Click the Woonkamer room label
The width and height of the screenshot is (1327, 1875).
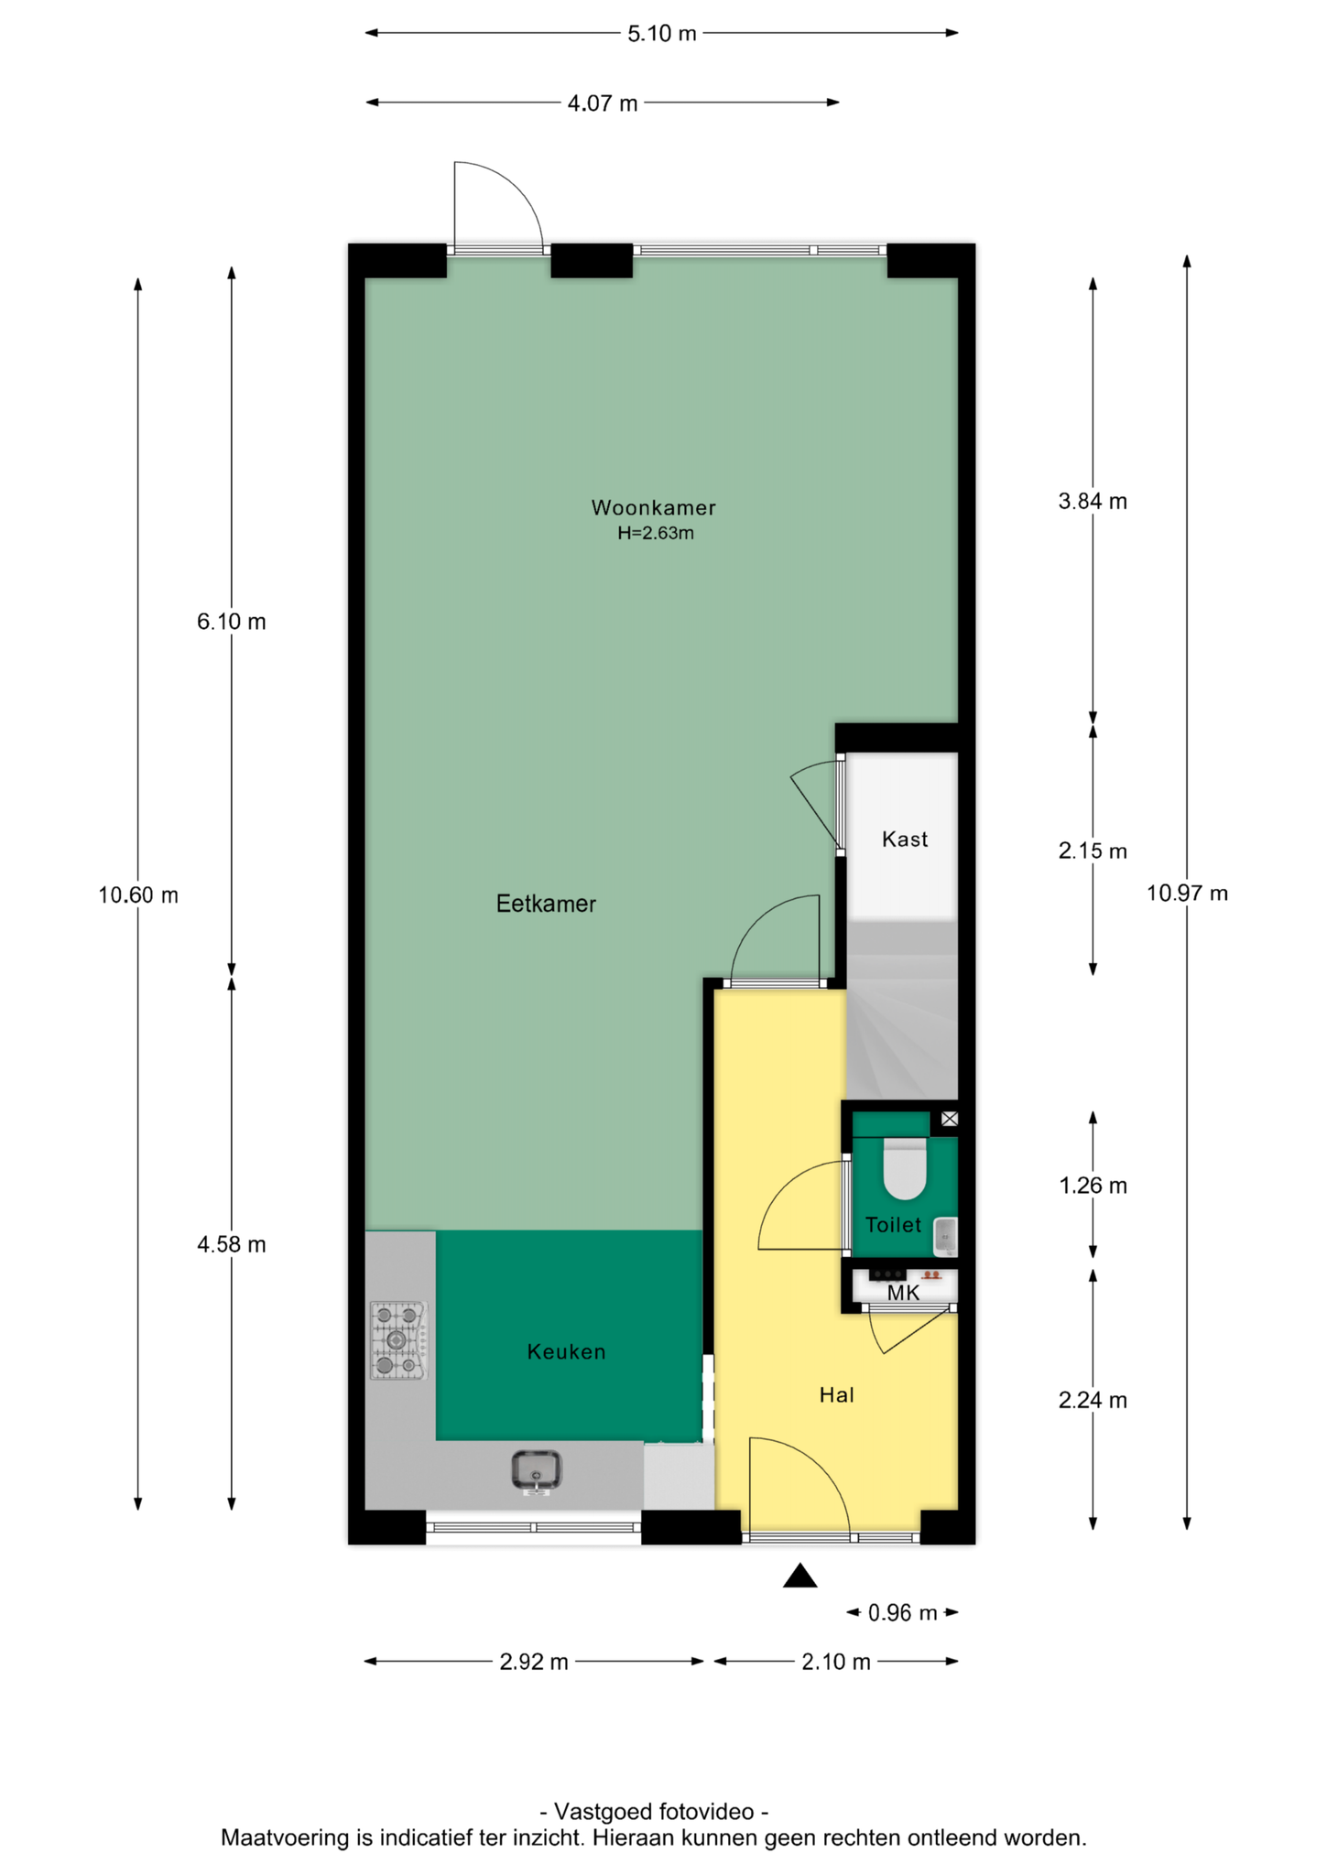[653, 507]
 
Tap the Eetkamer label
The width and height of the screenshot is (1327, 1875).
[546, 904]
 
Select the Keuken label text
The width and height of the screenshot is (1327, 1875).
[566, 1351]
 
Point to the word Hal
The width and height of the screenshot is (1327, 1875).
[836, 1394]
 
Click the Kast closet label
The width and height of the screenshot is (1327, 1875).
[905, 839]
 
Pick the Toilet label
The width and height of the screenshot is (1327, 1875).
[893, 1224]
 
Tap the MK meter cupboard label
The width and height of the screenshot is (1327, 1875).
[903, 1293]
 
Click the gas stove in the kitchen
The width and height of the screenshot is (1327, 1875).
[398, 1340]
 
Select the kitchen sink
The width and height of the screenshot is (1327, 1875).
[537, 1470]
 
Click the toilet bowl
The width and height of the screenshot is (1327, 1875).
[905, 1167]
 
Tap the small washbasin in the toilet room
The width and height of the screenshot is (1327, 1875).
[945, 1236]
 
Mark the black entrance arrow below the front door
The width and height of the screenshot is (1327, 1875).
[799, 1575]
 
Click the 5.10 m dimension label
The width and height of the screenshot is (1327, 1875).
[661, 34]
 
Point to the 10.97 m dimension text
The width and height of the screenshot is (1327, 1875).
[1187, 893]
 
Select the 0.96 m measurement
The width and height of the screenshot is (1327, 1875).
[902, 1612]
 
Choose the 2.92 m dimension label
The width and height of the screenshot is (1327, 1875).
[534, 1661]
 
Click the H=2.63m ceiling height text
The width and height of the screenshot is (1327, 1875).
[656, 533]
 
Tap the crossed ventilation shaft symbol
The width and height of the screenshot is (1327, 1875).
[950, 1118]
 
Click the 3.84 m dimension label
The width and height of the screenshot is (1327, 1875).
[1093, 501]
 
